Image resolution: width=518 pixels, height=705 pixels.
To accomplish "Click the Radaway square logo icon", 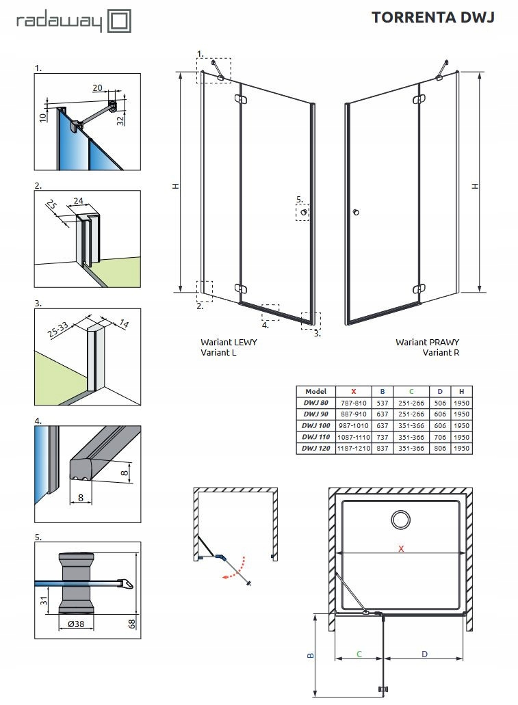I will [x=120, y=21].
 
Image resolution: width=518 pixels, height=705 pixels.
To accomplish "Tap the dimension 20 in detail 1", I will [x=96, y=88].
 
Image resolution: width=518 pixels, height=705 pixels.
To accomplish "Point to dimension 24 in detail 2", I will [x=77, y=201].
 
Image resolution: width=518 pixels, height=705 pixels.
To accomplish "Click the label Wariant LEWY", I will [x=229, y=342].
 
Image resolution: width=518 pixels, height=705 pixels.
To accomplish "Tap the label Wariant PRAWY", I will [x=427, y=342].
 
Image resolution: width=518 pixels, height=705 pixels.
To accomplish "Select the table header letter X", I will [x=353, y=391].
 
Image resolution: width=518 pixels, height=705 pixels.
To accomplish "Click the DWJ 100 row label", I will [x=315, y=425].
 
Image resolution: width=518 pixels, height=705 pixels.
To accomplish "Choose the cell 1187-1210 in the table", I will [x=353, y=448].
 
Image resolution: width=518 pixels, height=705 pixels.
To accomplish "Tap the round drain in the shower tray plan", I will [x=399, y=519].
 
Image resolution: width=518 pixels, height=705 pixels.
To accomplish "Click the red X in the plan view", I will [x=402, y=548].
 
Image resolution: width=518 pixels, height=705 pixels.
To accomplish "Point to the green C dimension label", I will [x=359, y=654].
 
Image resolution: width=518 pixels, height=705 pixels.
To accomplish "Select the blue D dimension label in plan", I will [x=424, y=654].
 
